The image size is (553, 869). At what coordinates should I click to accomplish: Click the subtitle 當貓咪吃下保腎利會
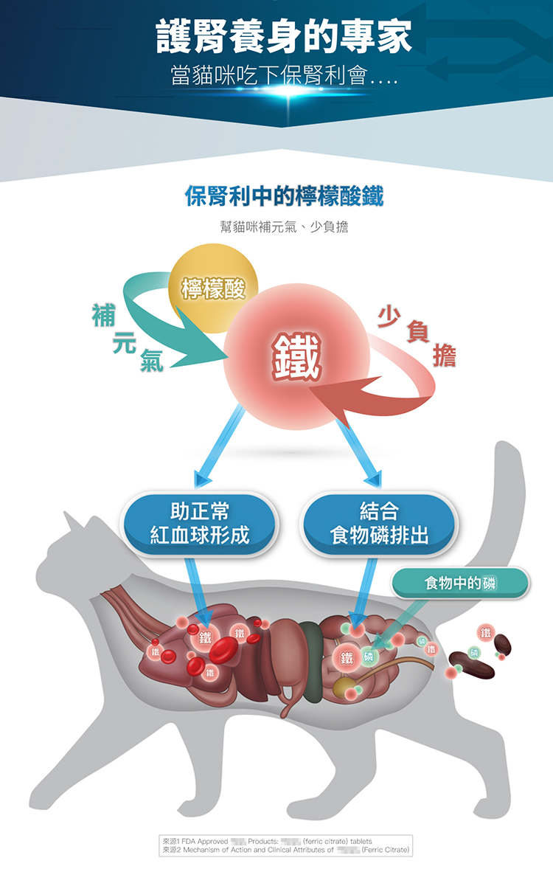284,77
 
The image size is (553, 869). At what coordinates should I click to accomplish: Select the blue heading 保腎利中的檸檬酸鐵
284,197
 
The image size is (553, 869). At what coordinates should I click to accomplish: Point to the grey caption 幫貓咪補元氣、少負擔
284,226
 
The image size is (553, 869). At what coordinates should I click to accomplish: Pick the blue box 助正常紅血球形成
200,523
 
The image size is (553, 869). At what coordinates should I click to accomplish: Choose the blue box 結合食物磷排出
379,523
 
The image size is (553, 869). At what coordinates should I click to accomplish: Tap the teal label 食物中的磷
461,583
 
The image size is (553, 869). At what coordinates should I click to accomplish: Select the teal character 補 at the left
103,315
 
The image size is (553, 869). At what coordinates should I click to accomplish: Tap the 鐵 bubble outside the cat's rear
484,633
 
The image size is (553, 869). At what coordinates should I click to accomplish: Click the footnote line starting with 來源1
267,841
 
